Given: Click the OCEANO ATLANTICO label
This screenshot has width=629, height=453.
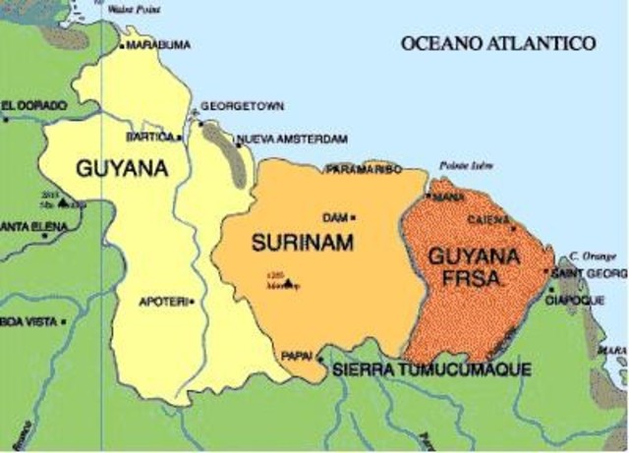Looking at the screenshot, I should pos(498,43).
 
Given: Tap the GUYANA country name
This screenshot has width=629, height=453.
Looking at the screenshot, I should pos(122,168).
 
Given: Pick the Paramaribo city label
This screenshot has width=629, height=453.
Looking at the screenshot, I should pos(364,169).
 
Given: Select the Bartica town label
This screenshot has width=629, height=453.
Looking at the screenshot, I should pos(149,137).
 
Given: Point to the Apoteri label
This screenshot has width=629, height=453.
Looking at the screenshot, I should pos(162,302).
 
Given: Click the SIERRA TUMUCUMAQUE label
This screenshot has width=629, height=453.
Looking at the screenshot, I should pos(432,369).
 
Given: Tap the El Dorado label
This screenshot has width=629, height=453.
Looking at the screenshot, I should pos(34,104).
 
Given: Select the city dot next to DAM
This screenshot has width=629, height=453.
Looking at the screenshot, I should pos(353,217).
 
